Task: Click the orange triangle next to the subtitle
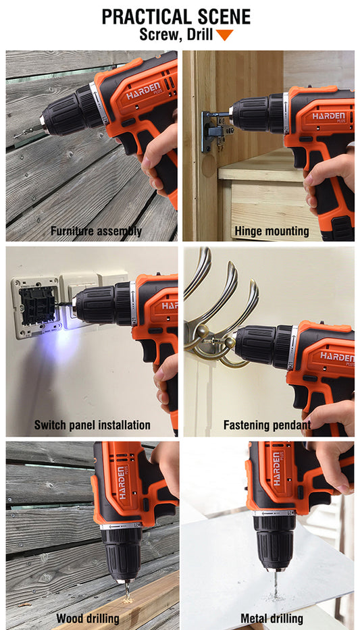click(x=225, y=35)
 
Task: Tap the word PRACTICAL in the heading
click(x=142, y=17)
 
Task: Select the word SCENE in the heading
click(x=219, y=17)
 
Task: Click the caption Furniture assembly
click(x=96, y=231)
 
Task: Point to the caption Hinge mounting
click(x=272, y=231)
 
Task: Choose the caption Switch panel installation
click(x=92, y=425)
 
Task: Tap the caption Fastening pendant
click(x=267, y=425)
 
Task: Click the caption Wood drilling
click(x=88, y=618)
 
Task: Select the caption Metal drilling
click(x=272, y=618)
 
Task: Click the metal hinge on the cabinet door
click(x=215, y=131)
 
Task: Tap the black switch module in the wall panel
click(x=38, y=305)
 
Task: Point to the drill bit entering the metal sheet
click(x=276, y=584)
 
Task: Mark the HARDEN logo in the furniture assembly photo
click(x=144, y=90)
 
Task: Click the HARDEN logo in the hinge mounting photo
click(x=328, y=117)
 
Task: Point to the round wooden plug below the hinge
click(x=209, y=166)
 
